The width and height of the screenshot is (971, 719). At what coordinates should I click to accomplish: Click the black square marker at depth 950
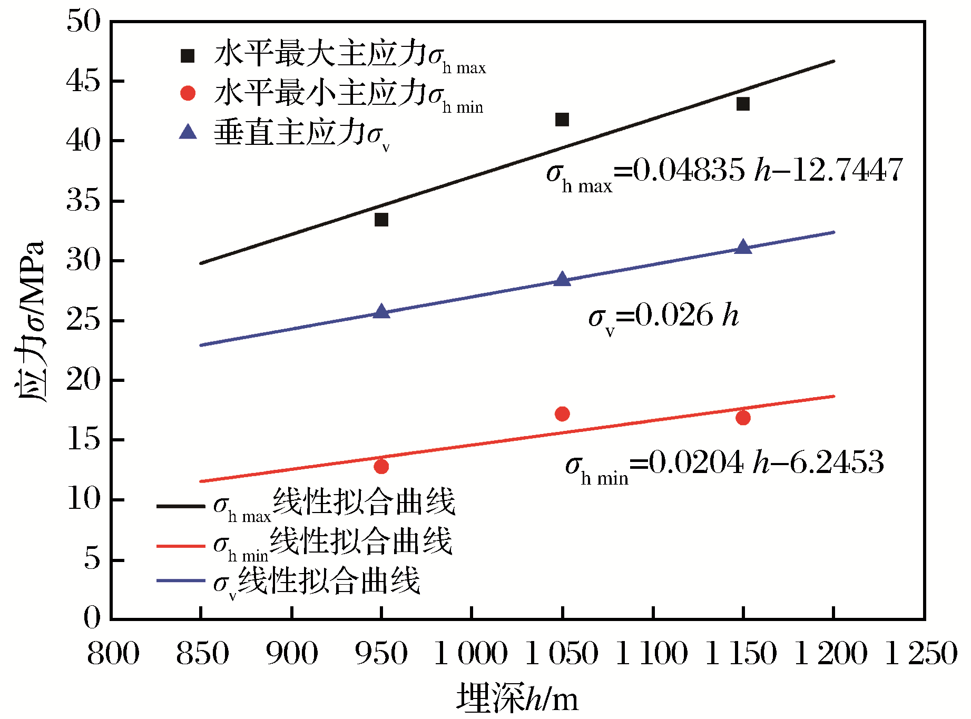pyautogui.click(x=381, y=220)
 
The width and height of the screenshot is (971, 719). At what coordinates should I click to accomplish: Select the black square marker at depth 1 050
pyautogui.click(x=562, y=120)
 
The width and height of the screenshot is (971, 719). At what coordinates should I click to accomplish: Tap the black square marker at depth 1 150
pyautogui.click(x=743, y=104)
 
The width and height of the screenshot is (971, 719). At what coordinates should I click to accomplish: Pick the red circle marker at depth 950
pyautogui.click(x=381, y=466)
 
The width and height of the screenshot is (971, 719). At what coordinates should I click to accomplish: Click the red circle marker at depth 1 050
pyautogui.click(x=562, y=414)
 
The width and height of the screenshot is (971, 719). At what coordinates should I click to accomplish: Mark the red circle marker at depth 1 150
pyautogui.click(x=743, y=418)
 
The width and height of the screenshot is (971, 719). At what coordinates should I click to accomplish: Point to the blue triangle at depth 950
pyautogui.click(x=381, y=312)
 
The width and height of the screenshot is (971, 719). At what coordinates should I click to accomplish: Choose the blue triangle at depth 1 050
pyautogui.click(x=562, y=279)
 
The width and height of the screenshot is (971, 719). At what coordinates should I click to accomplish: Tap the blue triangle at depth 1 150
pyautogui.click(x=743, y=247)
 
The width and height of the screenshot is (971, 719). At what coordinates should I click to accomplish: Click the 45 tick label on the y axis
pyautogui.click(x=83, y=81)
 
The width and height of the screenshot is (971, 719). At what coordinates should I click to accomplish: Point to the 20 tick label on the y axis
pyautogui.click(x=83, y=380)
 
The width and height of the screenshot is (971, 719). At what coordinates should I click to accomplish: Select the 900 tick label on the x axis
pyautogui.click(x=291, y=654)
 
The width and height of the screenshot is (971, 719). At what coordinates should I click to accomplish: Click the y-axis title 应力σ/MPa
pyautogui.click(x=30, y=321)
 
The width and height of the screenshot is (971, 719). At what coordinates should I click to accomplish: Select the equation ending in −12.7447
pyautogui.click(x=724, y=172)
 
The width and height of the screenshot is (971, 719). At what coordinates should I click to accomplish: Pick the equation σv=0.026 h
pyautogui.click(x=663, y=317)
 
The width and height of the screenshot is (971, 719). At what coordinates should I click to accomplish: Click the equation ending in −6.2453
pyautogui.click(x=724, y=465)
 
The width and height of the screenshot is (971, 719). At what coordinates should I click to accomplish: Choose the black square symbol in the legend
pyautogui.click(x=188, y=55)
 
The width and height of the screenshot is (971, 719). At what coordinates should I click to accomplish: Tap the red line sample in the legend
pyautogui.click(x=181, y=545)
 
